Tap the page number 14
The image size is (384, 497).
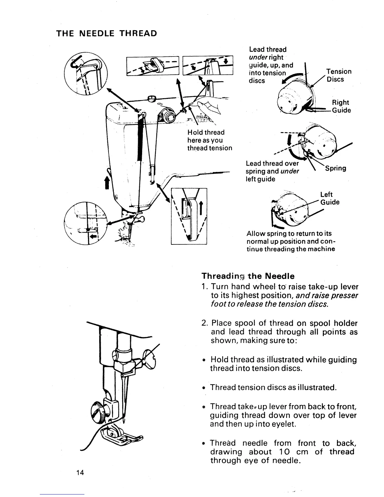[x=80, y=473]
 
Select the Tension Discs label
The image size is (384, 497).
[x=339, y=75]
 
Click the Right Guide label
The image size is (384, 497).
[x=341, y=106]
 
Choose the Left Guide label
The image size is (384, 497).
[x=329, y=198]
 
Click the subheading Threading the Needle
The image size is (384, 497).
[x=248, y=276]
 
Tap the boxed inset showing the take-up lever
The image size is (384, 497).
[x=189, y=216]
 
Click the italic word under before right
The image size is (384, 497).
[x=258, y=57]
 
